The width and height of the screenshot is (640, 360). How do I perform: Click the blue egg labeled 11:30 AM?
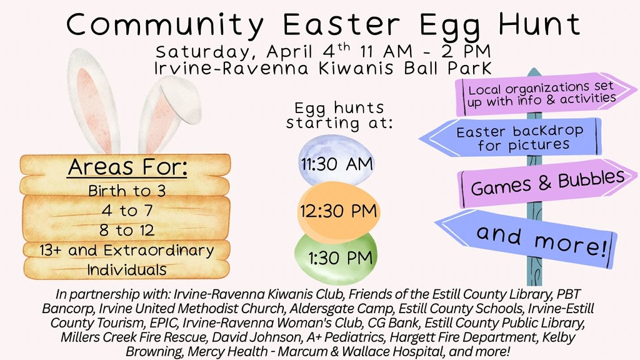(x=336, y=164)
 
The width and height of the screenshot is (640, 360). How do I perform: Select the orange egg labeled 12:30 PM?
(x=337, y=211)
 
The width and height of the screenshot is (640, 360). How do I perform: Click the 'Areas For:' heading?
(x=127, y=168)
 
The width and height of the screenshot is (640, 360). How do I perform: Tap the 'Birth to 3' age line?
(x=127, y=190)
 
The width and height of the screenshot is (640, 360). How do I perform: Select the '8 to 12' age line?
(x=127, y=230)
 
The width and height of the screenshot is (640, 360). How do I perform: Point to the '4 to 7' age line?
(x=127, y=210)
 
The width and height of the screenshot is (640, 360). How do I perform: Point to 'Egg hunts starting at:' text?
(x=339, y=115)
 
